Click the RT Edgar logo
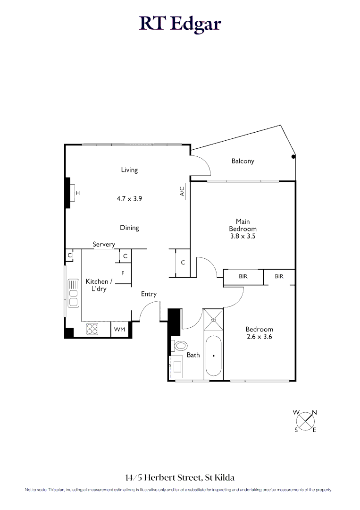point(180,24)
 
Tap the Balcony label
point(243,161)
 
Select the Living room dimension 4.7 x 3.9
point(129,199)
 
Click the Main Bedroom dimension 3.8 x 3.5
point(243,236)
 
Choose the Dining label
point(129,228)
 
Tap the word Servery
point(104,244)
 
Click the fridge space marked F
point(123,273)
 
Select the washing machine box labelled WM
point(119,329)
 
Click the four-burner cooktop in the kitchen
point(92,329)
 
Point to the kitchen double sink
point(73,293)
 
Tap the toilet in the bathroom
point(179,346)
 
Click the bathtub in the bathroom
point(214,356)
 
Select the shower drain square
point(214,319)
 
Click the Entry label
point(149,294)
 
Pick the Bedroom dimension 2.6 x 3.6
point(259,337)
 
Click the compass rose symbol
point(306,420)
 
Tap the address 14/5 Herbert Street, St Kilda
point(180,477)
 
